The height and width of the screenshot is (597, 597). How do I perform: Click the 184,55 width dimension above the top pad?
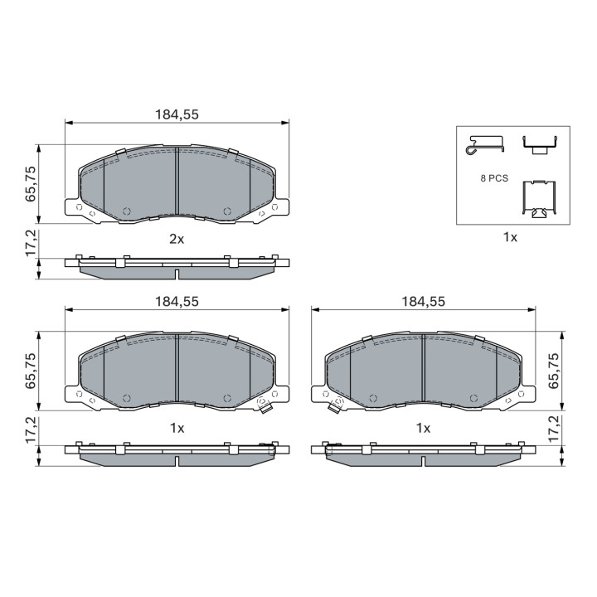pos(177,114)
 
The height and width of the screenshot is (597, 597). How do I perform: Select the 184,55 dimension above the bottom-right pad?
pos(424,302)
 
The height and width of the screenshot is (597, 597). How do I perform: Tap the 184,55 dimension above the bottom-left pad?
pos(177,302)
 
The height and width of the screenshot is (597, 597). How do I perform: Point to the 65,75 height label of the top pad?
pos(31,184)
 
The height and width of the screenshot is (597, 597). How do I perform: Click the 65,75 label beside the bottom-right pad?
pos(554,371)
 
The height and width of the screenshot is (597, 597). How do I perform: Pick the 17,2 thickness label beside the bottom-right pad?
pos(554,429)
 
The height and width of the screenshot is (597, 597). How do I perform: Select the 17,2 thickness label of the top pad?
pos(31,243)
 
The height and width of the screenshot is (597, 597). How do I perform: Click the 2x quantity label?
pos(177,239)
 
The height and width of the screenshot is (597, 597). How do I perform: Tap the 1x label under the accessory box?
pos(510,238)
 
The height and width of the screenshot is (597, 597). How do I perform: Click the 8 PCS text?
pos(494,178)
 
